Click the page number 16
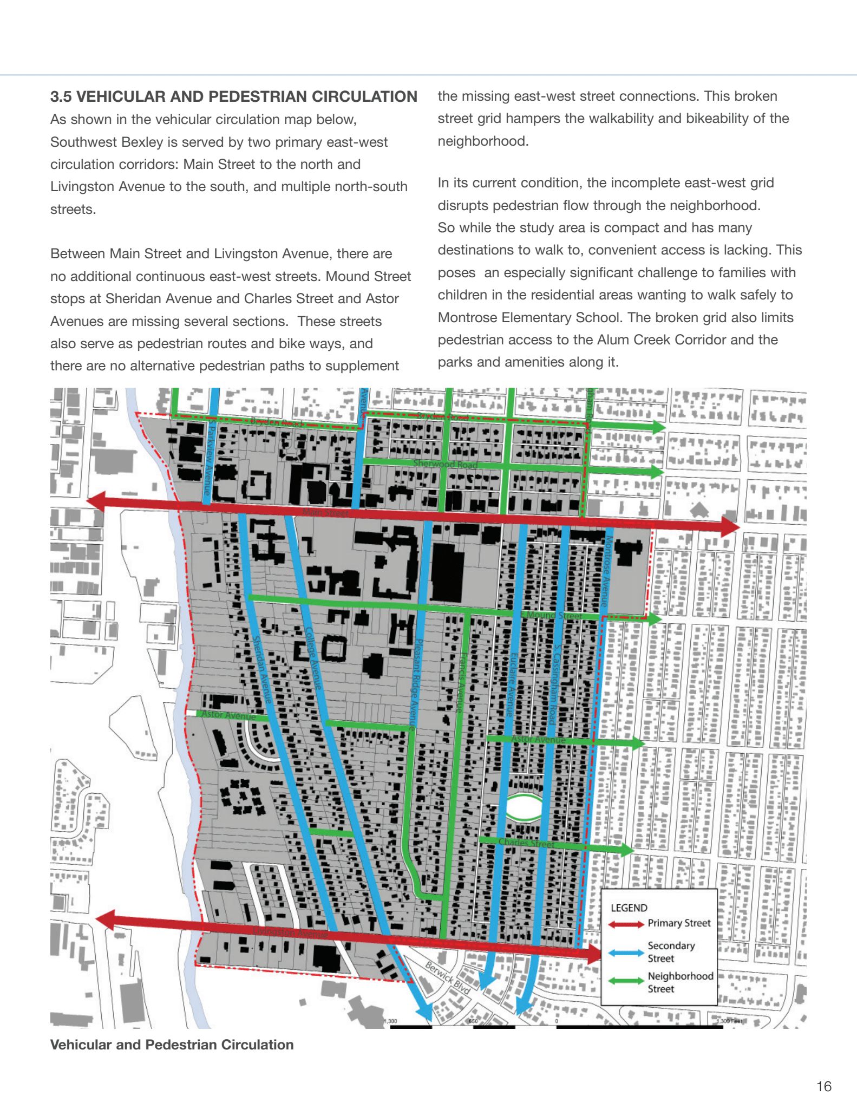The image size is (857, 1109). click(823, 1086)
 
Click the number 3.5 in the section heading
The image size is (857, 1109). click(61, 97)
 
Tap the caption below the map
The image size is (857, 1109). click(172, 1045)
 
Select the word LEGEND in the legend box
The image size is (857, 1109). click(629, 908)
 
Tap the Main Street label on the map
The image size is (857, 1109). click(325, 512)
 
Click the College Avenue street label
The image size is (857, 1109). click(313, 657)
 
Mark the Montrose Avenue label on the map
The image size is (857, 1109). click(607, 571)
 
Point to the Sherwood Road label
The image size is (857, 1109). click(445, 464)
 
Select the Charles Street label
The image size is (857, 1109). click(526, 843)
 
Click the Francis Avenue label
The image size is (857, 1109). click(461, 683)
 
